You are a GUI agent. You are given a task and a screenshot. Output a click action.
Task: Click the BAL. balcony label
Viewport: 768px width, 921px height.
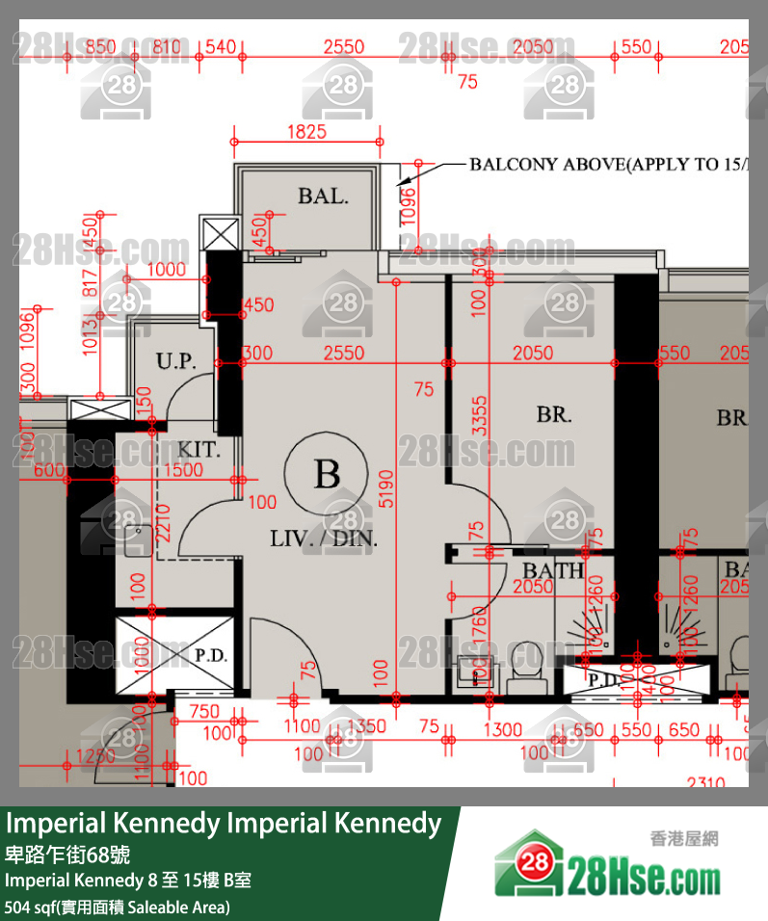322,197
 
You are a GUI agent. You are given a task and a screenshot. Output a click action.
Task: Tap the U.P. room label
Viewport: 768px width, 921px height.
176,362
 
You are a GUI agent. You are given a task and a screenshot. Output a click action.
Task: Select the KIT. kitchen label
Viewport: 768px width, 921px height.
199,450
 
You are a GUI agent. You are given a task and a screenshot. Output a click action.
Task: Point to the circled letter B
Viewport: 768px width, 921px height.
327,474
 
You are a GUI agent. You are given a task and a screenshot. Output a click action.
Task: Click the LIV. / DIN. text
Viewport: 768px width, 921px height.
324,539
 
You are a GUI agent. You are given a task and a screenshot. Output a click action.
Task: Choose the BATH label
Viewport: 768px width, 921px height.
553,571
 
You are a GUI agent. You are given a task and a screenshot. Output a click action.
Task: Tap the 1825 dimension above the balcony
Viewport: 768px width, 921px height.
306,132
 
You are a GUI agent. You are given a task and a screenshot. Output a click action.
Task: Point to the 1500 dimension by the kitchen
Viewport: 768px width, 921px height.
183,470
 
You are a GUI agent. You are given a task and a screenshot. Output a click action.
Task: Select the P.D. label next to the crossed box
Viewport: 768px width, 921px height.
210,656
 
